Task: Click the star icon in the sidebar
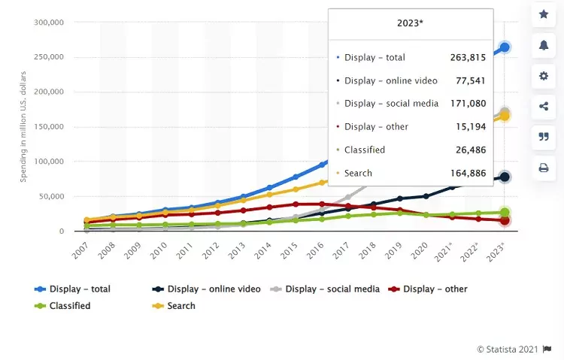[x=543, y=14]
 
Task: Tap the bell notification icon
[x=543, y=45]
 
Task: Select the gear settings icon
[x=543, y=76]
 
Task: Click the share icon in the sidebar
[x=543, y=107]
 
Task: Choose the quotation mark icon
[x=543, y=137]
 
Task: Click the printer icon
[x=543, y=168]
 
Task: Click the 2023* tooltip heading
[x=410, y=23]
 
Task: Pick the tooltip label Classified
[x=365, y=150]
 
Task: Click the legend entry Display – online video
[x=214, y=289]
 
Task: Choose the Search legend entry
[x=181, y=306]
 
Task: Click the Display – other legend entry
[x=435, y=289]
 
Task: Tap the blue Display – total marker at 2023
[x=505, y=47]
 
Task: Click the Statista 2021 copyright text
[x=508, y=349]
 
